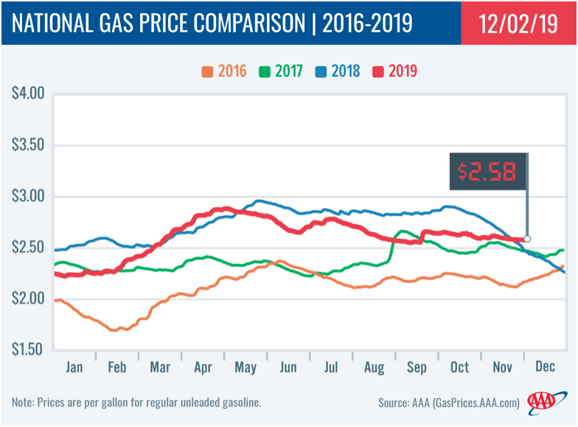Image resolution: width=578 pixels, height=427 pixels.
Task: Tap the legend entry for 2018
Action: tap(336, 72)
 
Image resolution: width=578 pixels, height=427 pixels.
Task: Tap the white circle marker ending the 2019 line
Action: tap(526, 239)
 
